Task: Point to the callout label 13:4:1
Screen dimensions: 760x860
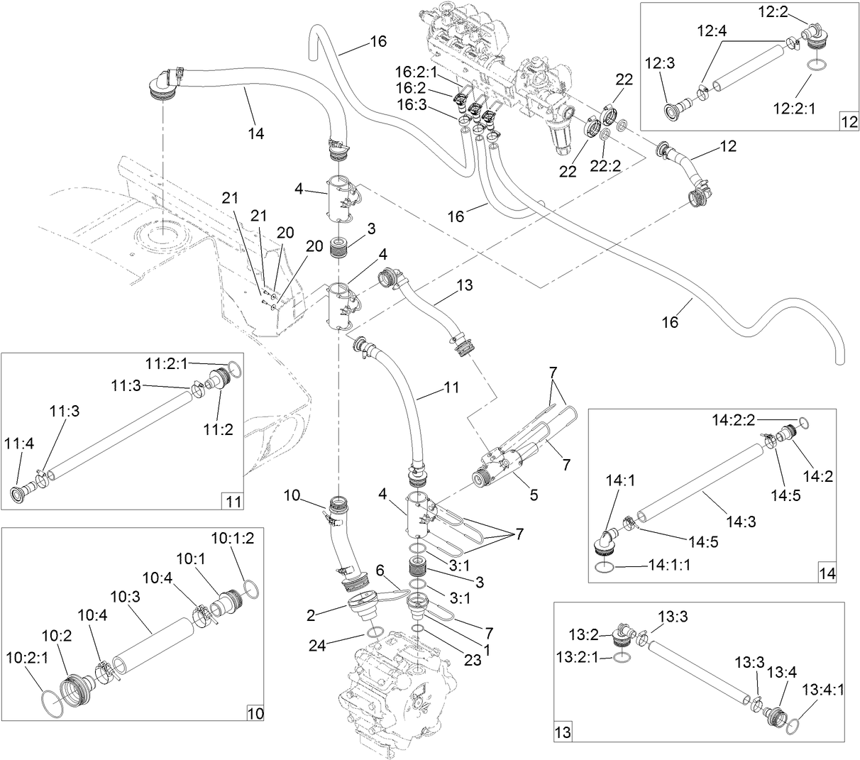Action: (x=823, y=689)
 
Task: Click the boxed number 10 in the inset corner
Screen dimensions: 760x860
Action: (x=254, y=712)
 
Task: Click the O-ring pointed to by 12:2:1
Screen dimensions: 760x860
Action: (x=816, y=66)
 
